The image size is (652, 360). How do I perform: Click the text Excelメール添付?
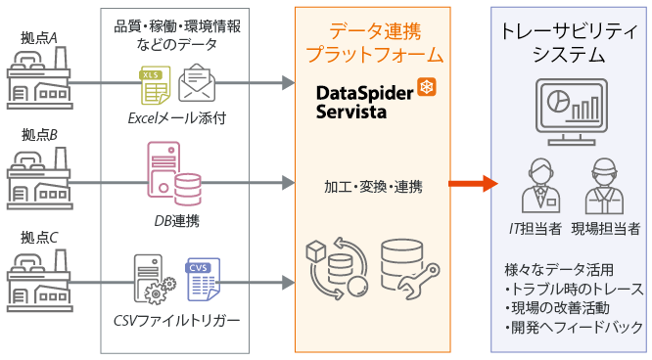click(176, 119)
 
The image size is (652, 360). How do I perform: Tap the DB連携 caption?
click(176, 221)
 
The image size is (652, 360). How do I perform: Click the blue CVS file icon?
click(204, 280)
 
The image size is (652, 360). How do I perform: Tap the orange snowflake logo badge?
click(427, 88)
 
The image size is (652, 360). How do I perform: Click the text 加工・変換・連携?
click(373, 185)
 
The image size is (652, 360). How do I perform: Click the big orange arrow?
click(470, 183)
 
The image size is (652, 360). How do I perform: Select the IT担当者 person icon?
click(537, 185)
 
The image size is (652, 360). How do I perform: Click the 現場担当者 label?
click(605, 229)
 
